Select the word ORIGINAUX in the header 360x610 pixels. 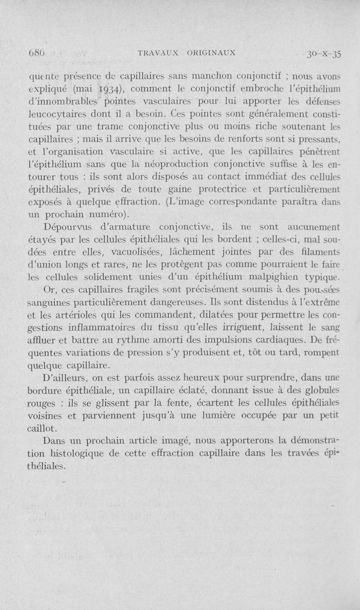coord(208,52)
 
